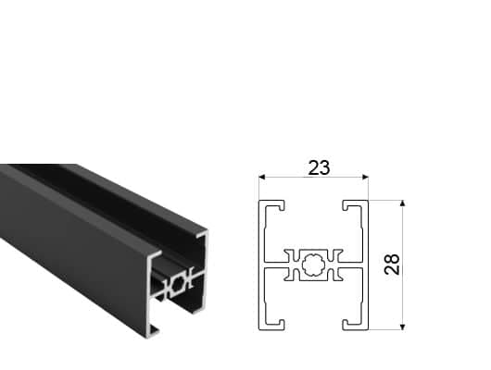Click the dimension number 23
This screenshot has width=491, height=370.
(x=319, y=168)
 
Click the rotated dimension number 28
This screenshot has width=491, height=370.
(x=392, y=265)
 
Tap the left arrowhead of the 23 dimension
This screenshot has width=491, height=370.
(x=262, y=178)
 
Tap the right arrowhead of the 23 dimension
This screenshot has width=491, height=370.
(x=365, y=178)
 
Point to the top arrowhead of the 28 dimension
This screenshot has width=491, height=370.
(x=403, y=203)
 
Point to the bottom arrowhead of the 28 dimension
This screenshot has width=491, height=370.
(x=403, y=327)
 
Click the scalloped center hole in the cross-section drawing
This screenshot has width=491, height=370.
(x=313, y=265)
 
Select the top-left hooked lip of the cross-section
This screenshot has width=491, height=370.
(x=275, y=204)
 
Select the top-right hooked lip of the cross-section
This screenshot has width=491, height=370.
(x=352, y=204)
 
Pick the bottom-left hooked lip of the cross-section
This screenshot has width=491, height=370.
(x=275, y=326)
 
